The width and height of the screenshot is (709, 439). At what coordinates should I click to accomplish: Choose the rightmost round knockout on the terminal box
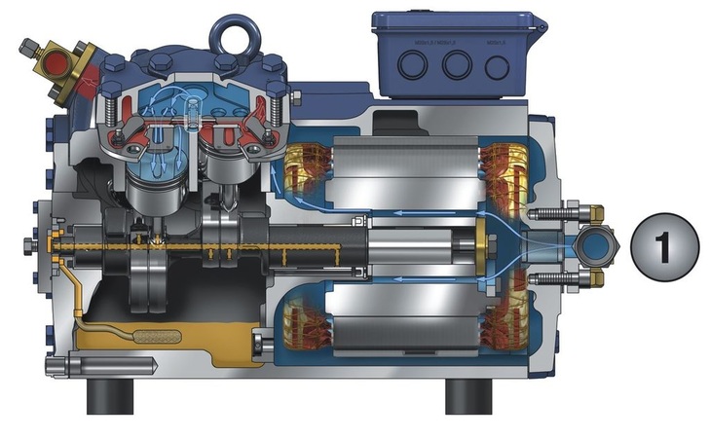pos(498,66)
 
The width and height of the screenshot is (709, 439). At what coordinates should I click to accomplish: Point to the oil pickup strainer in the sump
pos(155,337)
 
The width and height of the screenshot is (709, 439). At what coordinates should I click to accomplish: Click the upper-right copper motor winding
pos(507,166)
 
